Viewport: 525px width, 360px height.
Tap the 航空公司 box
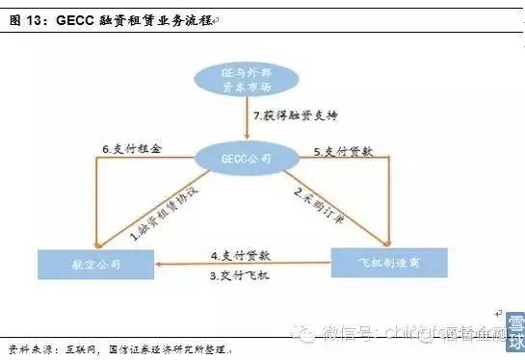[94, 262]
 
